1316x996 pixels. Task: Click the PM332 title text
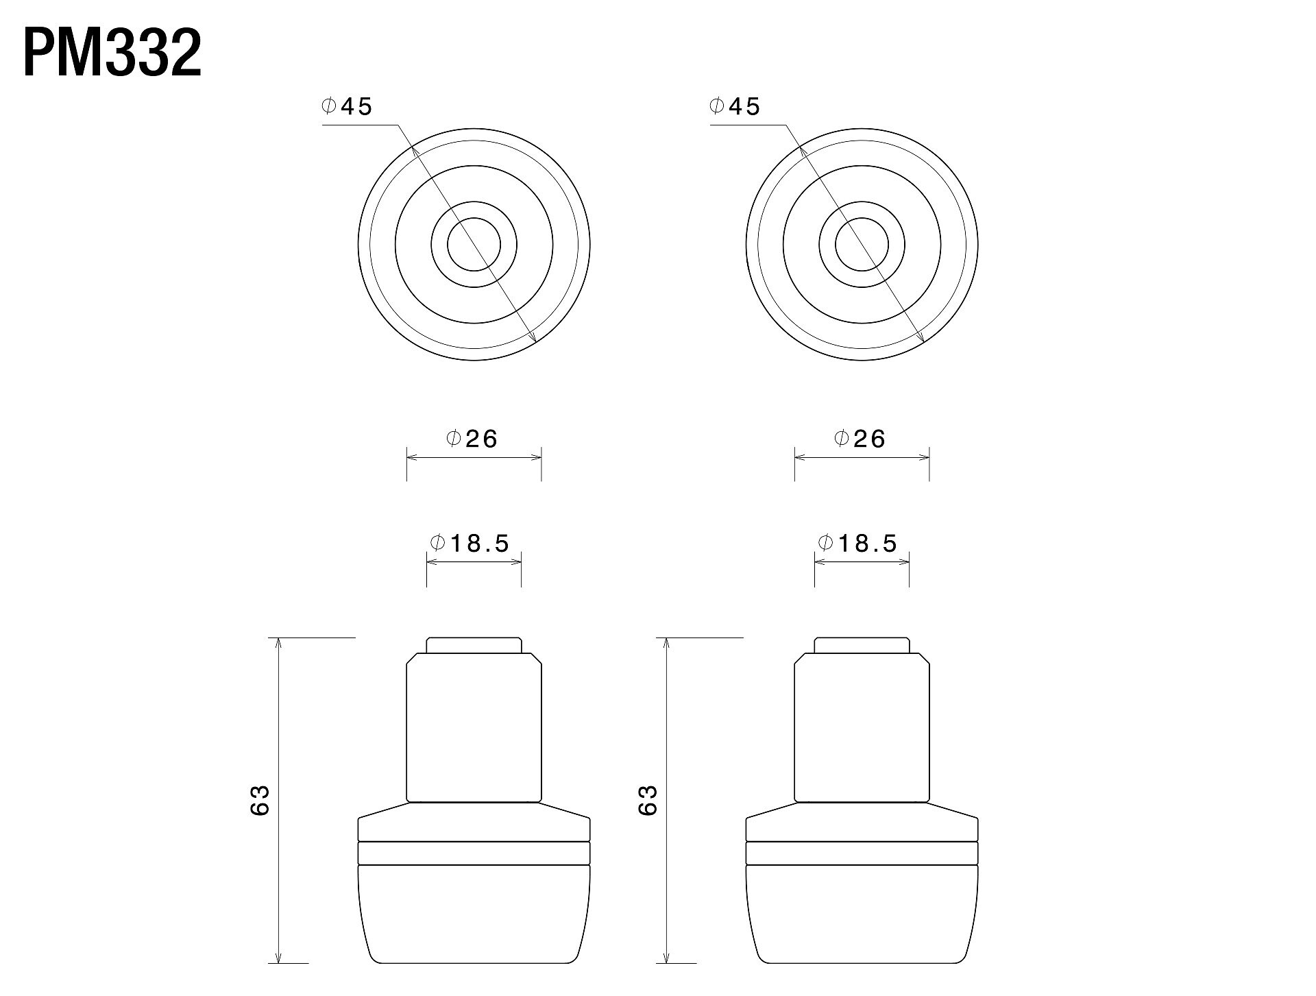(112, 53)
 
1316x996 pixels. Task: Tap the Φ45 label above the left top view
(347, 106)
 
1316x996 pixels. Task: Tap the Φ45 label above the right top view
(735, 106)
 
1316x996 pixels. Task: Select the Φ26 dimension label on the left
(472, 439)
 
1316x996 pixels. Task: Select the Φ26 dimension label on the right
(860, 439)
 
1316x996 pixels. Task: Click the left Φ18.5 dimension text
(470, 543)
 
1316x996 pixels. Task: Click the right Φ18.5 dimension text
(858, 543)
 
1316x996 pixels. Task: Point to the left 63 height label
(260, 800)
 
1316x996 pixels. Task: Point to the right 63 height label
(648, 800)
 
